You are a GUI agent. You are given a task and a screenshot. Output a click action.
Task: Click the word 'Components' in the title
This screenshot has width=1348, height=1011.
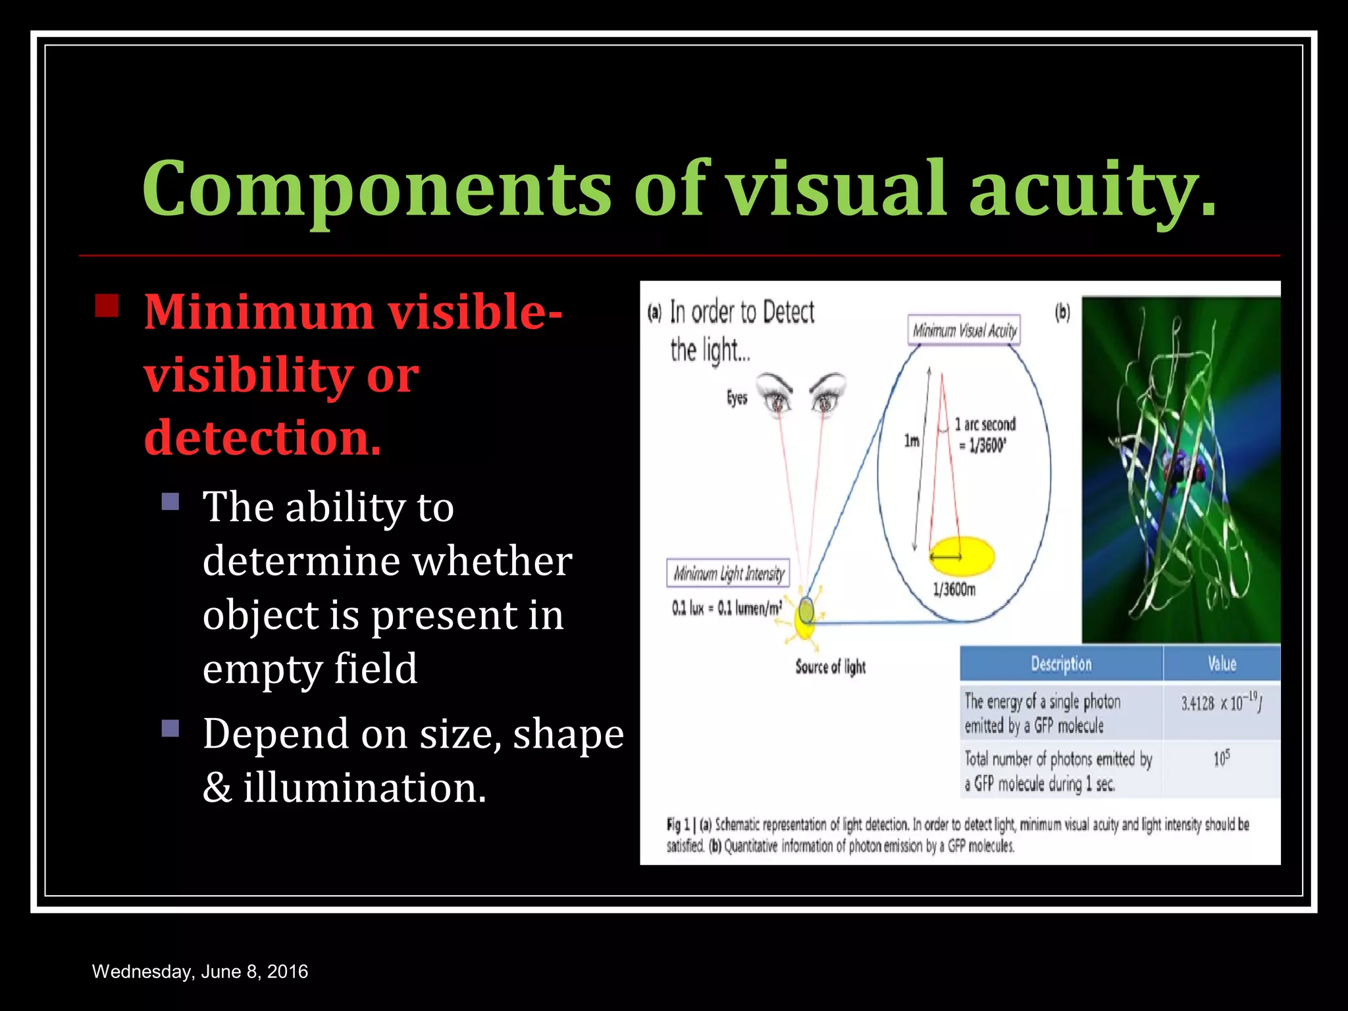(x=376, y=189)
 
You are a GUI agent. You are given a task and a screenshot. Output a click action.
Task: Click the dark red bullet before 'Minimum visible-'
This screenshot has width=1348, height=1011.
(x=107, y=305)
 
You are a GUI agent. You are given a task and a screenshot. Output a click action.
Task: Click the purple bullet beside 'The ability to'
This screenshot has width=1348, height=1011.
(x=170, y=502)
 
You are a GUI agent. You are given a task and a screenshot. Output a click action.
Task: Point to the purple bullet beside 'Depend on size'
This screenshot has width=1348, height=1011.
(x=170, y=728)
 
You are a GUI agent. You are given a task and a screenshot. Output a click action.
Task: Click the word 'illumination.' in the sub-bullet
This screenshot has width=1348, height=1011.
(x=365, y=788)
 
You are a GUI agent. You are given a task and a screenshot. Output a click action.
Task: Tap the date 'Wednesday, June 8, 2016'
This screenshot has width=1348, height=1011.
(x=200, y=972)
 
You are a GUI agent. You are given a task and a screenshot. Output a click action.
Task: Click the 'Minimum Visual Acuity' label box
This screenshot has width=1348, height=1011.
(x=964, y=330)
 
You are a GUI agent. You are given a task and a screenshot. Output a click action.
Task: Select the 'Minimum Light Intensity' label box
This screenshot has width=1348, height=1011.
(x=728, y=574)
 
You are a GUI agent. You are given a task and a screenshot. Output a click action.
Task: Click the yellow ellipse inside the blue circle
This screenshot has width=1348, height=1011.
(x=962, y=556)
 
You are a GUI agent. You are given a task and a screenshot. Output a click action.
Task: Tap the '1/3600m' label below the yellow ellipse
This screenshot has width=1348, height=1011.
(x=954, y=589)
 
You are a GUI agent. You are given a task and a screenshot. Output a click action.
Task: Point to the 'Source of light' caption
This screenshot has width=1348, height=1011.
(x=830, y=667)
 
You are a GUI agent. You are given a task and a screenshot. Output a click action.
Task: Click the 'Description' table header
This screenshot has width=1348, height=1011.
(x=1061, y=663)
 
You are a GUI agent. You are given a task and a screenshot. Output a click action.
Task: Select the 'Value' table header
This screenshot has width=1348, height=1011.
(x=1222, y=663)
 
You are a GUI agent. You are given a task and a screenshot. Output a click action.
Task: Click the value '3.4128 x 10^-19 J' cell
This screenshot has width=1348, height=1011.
(x=1221, y=704)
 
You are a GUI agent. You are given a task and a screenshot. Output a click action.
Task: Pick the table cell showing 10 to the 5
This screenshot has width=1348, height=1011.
(x=1221, y=760)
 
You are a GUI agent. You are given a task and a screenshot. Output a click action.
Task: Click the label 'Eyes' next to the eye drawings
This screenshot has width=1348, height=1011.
(x=737, y=398)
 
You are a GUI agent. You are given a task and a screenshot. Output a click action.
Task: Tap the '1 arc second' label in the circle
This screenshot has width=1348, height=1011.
(x=985, y=425)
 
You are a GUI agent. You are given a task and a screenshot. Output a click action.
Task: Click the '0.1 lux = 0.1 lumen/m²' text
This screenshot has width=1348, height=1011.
(x=727, y=608)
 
